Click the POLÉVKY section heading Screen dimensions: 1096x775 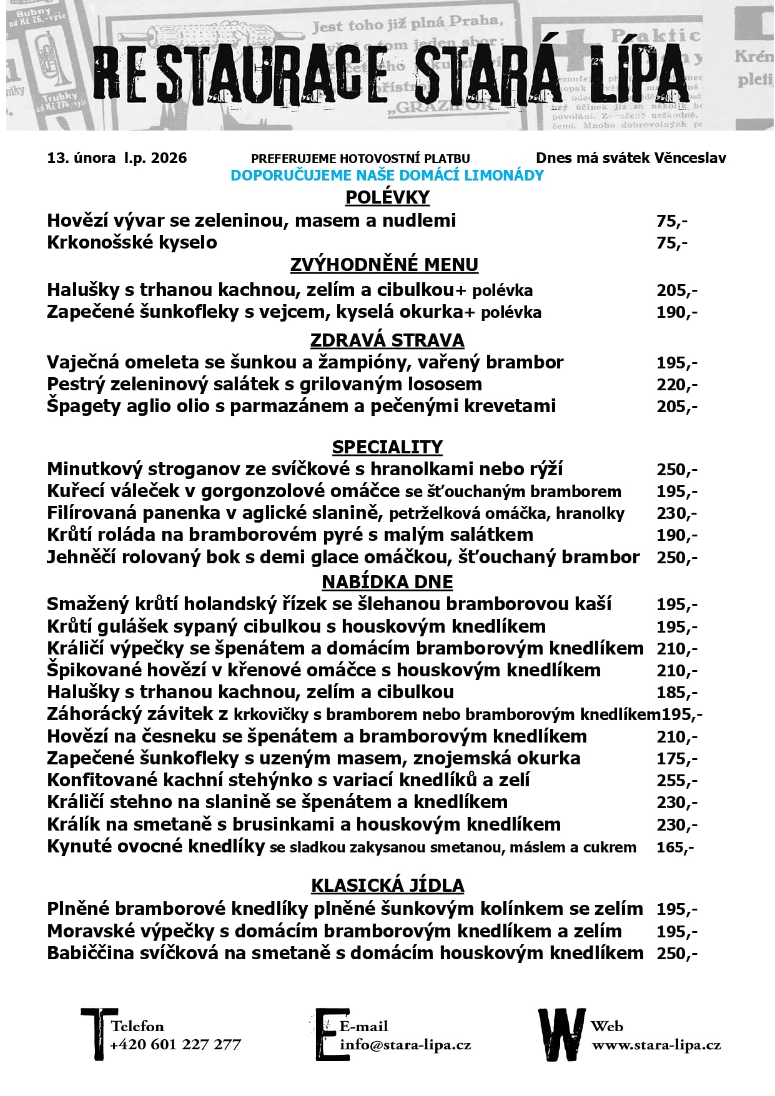[387, 197]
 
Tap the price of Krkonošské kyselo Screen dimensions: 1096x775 [672, 242]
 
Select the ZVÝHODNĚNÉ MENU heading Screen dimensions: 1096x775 [384, 265]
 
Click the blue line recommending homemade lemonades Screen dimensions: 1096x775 [387, 175]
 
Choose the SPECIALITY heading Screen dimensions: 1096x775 [387, 447]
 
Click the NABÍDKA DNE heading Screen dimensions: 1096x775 [387, 582]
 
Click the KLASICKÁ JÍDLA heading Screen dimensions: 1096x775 [387, 886]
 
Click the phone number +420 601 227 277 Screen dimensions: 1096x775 [175, 1044]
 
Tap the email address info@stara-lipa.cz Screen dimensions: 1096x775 [405, 1044]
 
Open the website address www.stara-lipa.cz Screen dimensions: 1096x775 [656, 1044]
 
